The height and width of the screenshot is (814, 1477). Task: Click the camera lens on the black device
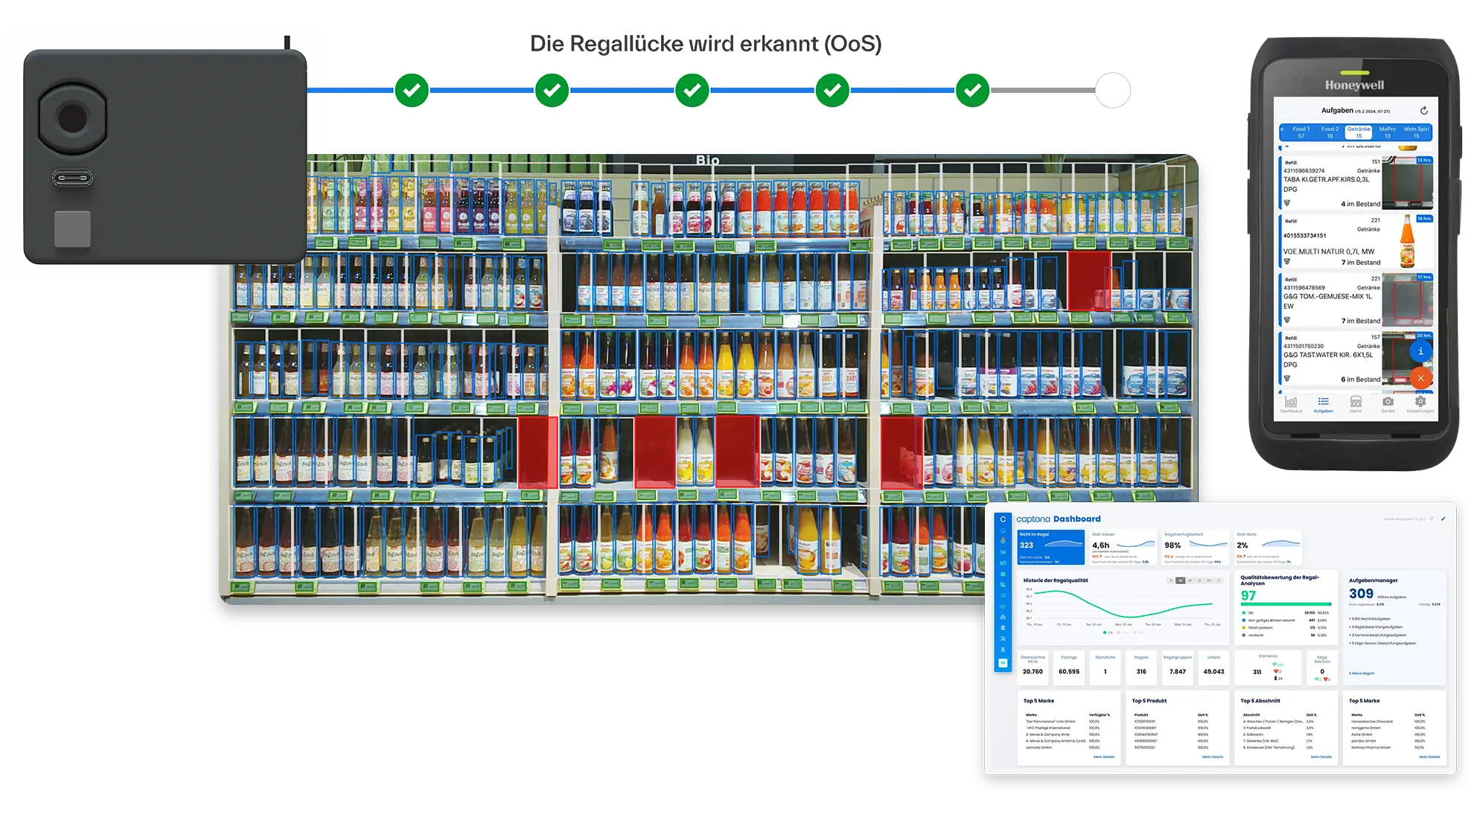pyautogui.click(x=72, y=118)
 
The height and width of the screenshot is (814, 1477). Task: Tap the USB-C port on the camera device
pyautogui.click(x=72, y=179)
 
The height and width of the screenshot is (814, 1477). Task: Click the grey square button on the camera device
pyautogui.click(x=72, y=228)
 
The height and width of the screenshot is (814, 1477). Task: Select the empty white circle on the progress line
pyautogui.click(x=1112, y=91)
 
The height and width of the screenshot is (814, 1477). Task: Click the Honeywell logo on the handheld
pyautogui.click(x=1354, y=86)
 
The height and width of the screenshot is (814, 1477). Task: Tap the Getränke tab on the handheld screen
pyautogui.click(x=1359, y=132)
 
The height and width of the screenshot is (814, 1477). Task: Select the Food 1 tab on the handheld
pyautogui.click(x=1301, y=132)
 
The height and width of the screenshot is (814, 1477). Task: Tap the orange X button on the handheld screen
pyautogui.click(x=1420, y=378)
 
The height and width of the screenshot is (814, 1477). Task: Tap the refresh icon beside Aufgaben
pyautogui.click(x=1423, y=111)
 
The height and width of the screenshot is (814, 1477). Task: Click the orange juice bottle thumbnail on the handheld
pyautogui.click(x=1407, y=242)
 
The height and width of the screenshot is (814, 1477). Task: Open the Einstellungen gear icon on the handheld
pyautogui.click(x=1420, y=403)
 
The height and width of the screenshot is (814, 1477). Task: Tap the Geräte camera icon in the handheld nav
pyautogui.click(x=1388, y=403)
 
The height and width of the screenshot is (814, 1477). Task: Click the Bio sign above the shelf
pyautogui.click(x=707, y=160)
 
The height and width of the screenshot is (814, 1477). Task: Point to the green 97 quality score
pyautogui.click(x=1248, y=595)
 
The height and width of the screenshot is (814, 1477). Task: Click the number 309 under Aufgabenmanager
pyautogui.click(x=1361, y=594)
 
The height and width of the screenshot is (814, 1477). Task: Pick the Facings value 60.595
pyautogui.click(x=1069, y=672)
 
